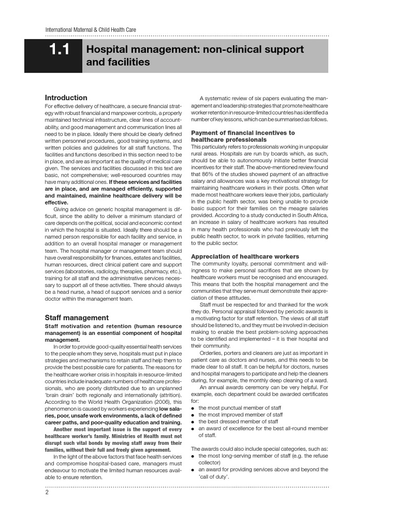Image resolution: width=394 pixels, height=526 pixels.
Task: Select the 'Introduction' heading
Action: pos(66,98)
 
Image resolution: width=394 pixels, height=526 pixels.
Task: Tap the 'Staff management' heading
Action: pos(76,317)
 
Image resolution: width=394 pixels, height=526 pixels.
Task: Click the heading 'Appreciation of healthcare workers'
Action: pos(245,256)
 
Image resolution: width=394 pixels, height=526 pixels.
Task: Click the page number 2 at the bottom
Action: pos(47,492)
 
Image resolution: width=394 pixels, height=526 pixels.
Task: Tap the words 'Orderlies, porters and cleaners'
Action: pos(240,352)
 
